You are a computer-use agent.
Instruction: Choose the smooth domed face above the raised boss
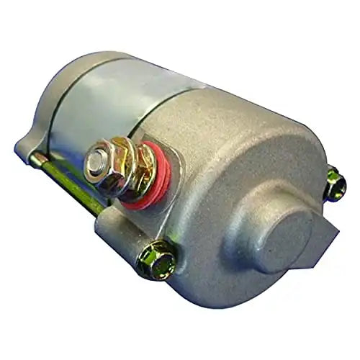point(245,144)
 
